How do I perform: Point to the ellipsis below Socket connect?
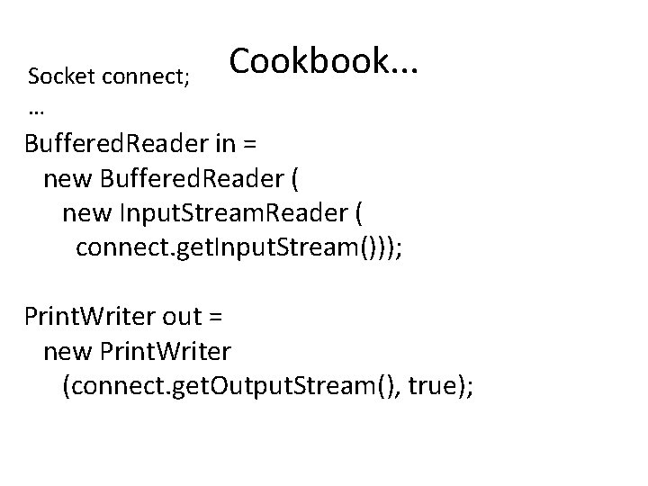click(x=37, y=111)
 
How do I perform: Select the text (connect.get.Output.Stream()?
click(x=231, y=385)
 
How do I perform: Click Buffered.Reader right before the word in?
click(x=103, y=145)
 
